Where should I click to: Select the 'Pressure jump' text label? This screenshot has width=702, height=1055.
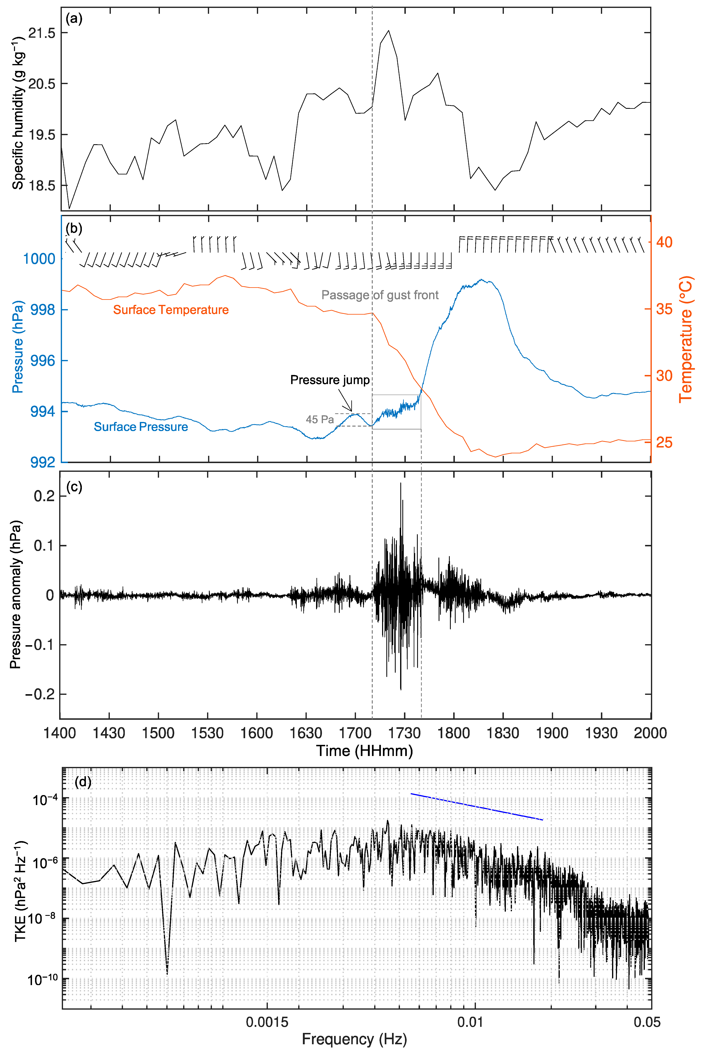(x=330, y=380)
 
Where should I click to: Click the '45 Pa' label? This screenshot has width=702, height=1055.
(x=320, y=419)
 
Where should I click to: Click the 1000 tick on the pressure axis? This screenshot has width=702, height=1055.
(x=39, y=259)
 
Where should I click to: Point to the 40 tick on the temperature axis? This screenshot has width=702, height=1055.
(x=664, y=242)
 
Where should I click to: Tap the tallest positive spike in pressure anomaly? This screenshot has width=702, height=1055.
(x=401, y=483)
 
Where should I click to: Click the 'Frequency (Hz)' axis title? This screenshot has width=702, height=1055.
(x=354, y=1039)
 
